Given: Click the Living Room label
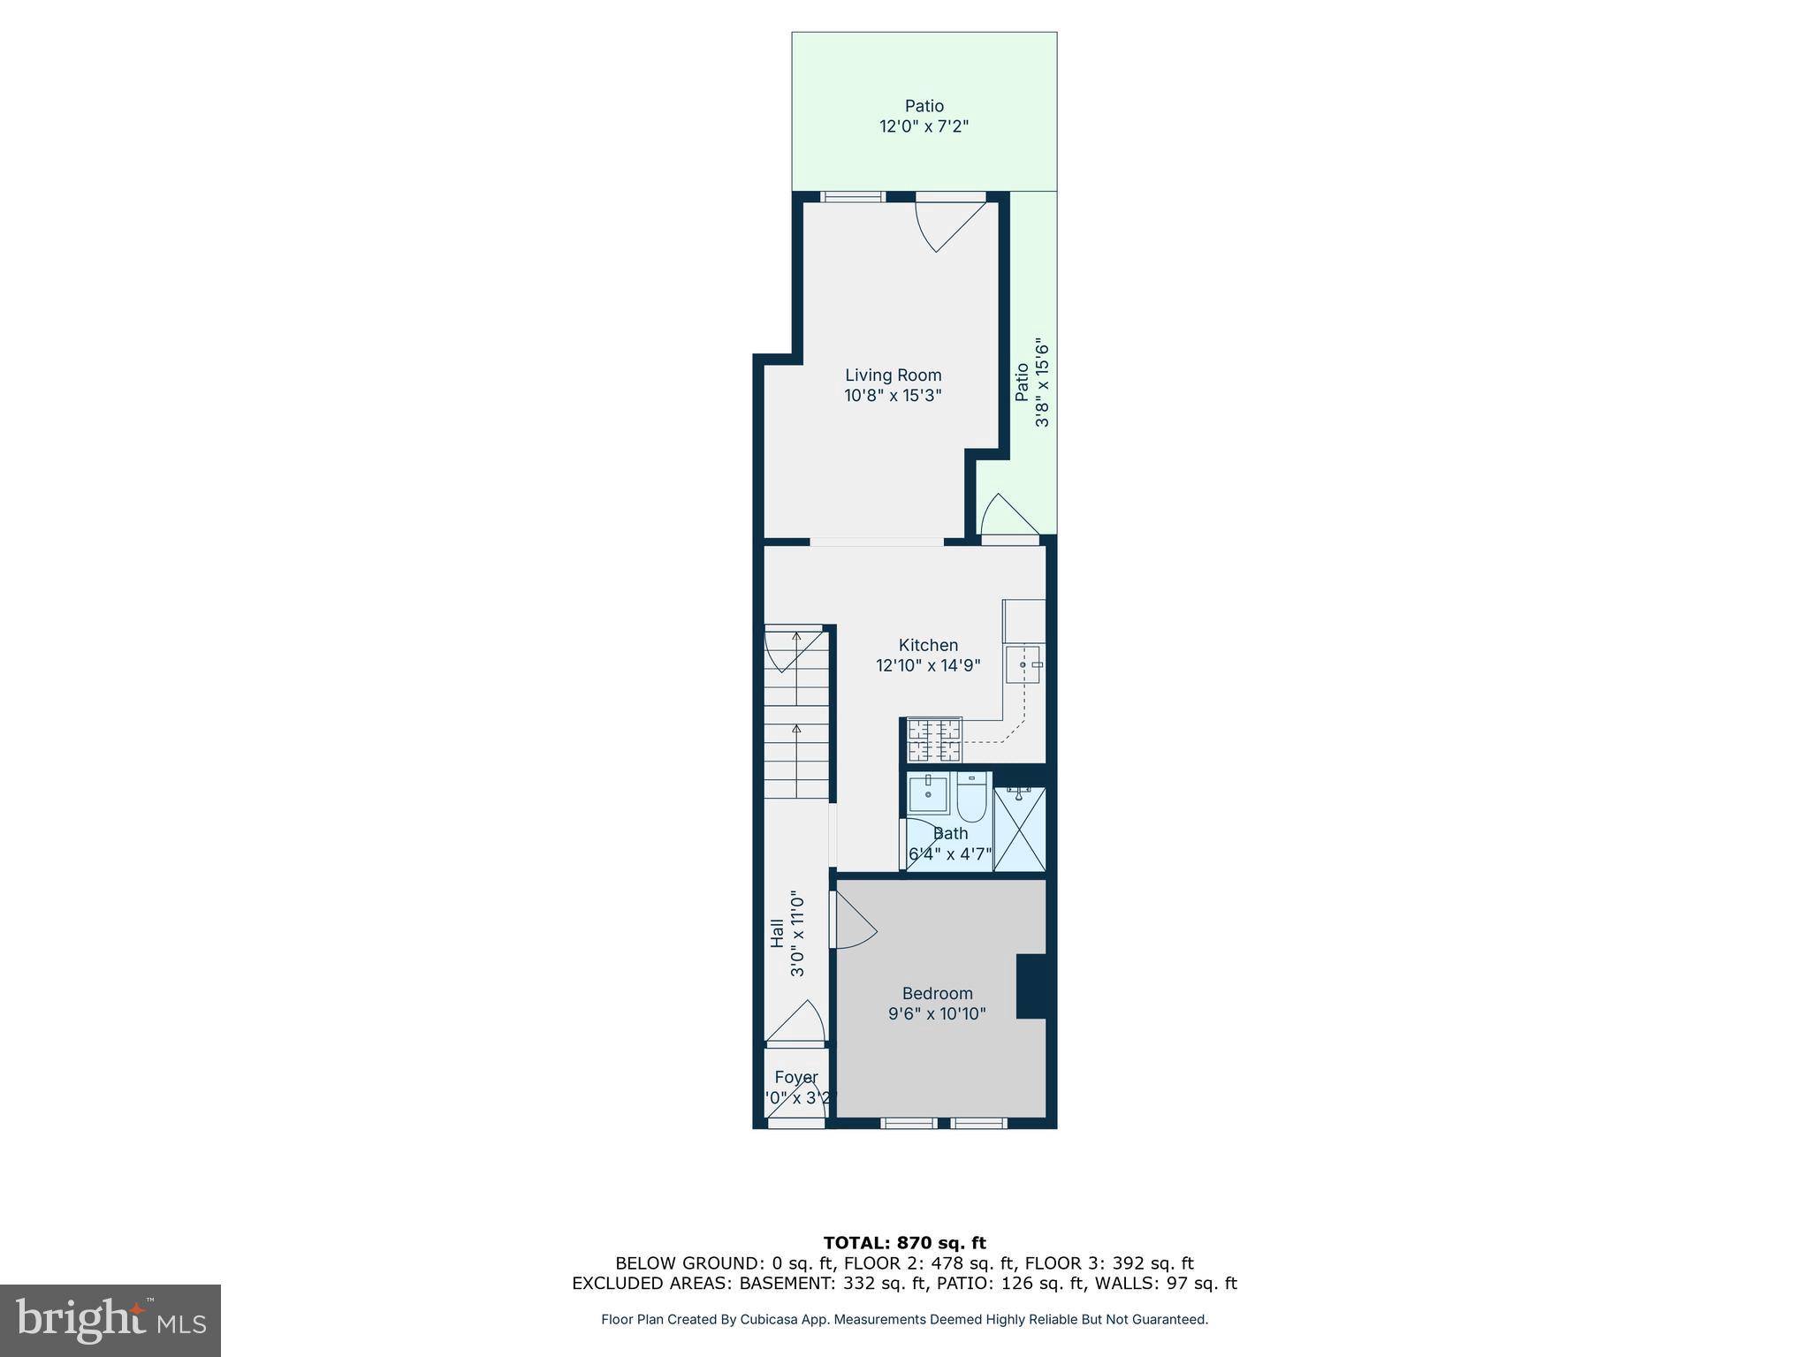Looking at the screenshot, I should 893,375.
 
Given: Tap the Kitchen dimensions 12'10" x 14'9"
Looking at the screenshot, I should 928,665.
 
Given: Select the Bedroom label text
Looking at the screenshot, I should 937,993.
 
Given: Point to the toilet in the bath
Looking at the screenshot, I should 970,798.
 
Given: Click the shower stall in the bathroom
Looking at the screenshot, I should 1019,829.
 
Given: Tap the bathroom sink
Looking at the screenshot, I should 928,792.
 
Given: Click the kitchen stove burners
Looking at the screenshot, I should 933,740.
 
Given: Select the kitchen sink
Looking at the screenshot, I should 1024,664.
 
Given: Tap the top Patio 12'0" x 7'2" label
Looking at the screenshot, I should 924,116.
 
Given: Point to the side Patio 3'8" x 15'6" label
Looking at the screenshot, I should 1031,382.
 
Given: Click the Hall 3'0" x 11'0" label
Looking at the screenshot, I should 787,932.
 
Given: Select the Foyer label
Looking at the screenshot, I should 795,1077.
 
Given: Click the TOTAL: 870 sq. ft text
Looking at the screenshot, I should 904,1243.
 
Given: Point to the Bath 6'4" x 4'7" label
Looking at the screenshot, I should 950,844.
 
